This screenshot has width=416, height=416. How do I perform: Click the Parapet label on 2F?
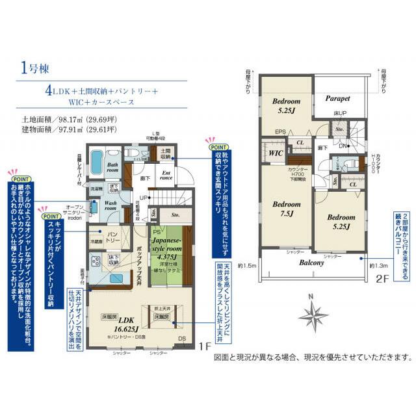click(x=337, y=99)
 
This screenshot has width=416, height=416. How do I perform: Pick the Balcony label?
click(x=313, y=263)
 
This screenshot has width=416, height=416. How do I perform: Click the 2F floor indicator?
click(x=381, y=282)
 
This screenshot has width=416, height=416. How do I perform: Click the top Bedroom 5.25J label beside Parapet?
click(x=286, y=105)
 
